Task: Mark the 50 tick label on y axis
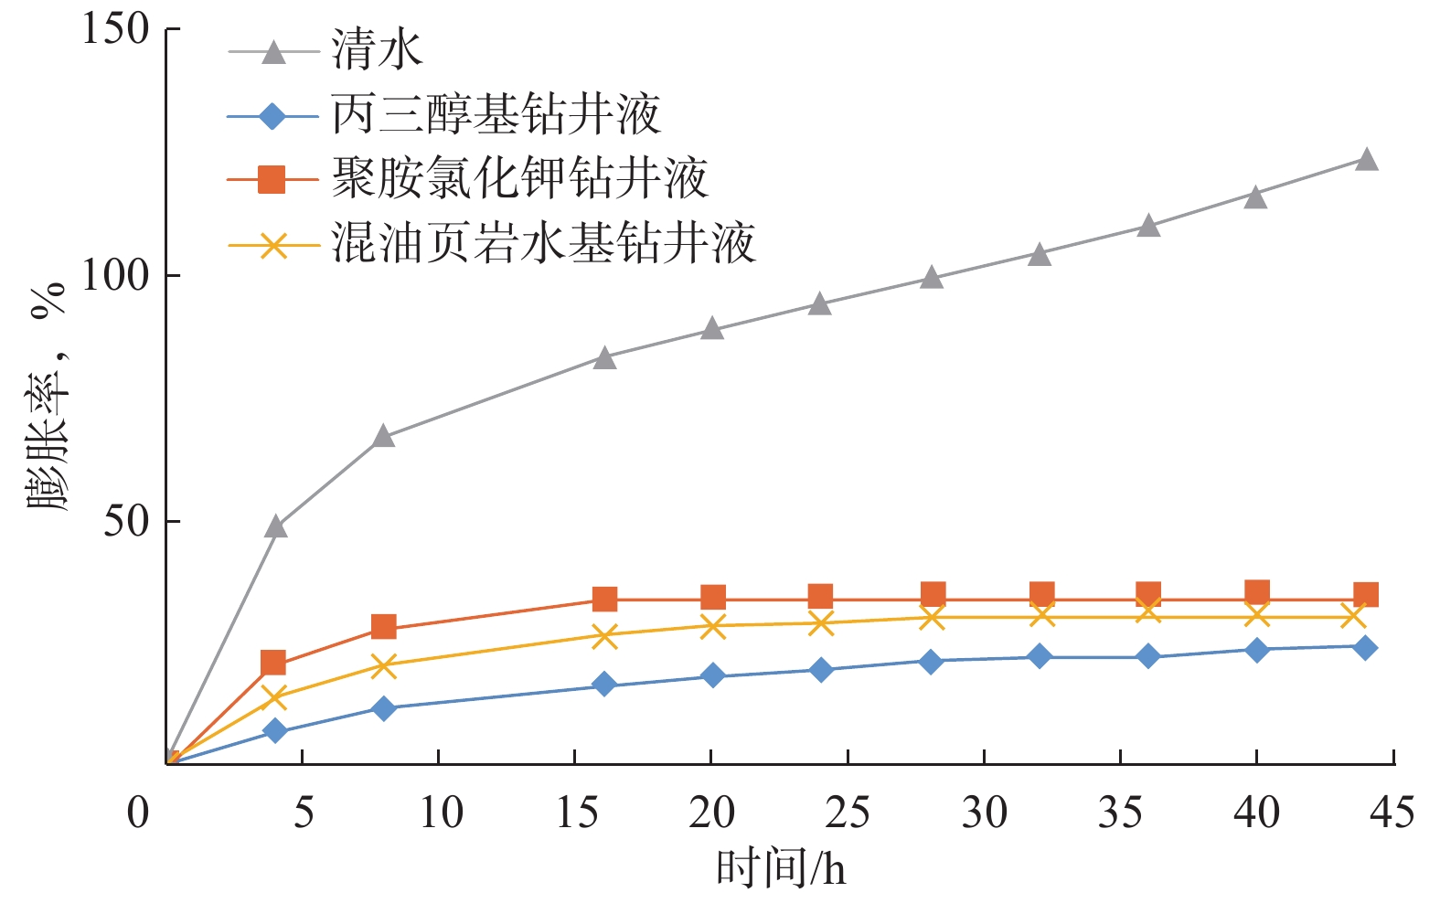(126, 521)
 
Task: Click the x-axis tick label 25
(847, 813)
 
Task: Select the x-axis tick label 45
(1392, 813)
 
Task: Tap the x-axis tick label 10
(439, 813)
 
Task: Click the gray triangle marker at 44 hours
(1366, 160)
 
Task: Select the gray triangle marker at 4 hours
(276, 526)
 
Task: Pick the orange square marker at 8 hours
(384, 627)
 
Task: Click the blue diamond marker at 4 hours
(275, 731)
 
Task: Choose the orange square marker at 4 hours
(273, 663)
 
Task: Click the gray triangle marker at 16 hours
(604, 358)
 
